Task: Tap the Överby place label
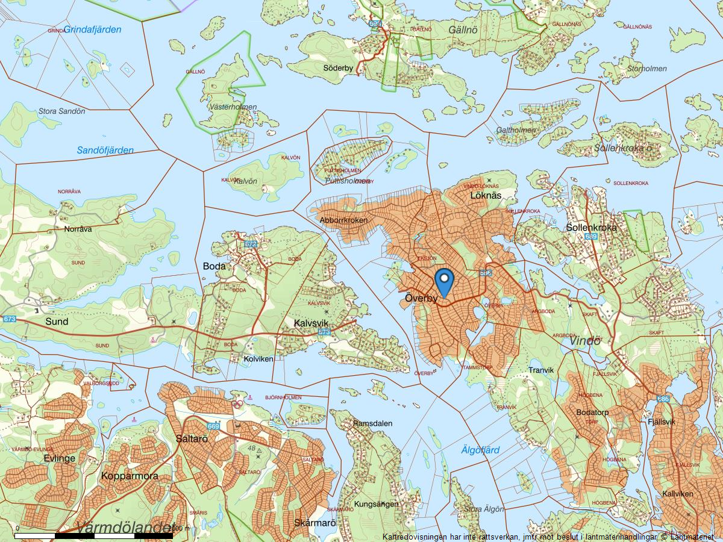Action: [x=421, y=298]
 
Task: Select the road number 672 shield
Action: [x=251, y=244]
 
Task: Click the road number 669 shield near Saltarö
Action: [x=214, y=426]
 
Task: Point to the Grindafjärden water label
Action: [x=93, y=30]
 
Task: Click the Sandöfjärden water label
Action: [x=105, y=150]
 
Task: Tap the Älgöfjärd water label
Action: [x=480, y=450]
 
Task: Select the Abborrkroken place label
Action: [x=344, y=220]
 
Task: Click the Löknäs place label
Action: [x=486, y=196]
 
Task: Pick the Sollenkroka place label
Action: [x=592, y=228]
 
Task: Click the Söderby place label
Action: [x=338, y=68]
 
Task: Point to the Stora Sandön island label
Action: [x=61, y=111]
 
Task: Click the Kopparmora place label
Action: [x=130, y=476]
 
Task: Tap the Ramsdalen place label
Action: [x=373, y=423]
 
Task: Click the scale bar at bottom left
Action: [x=93, y=535]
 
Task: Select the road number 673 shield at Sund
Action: [x=9, y=319]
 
